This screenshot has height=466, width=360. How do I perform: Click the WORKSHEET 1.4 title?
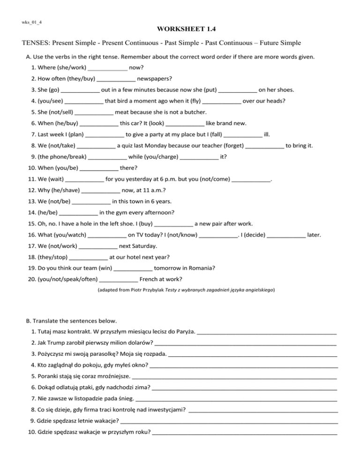click(180, 29)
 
